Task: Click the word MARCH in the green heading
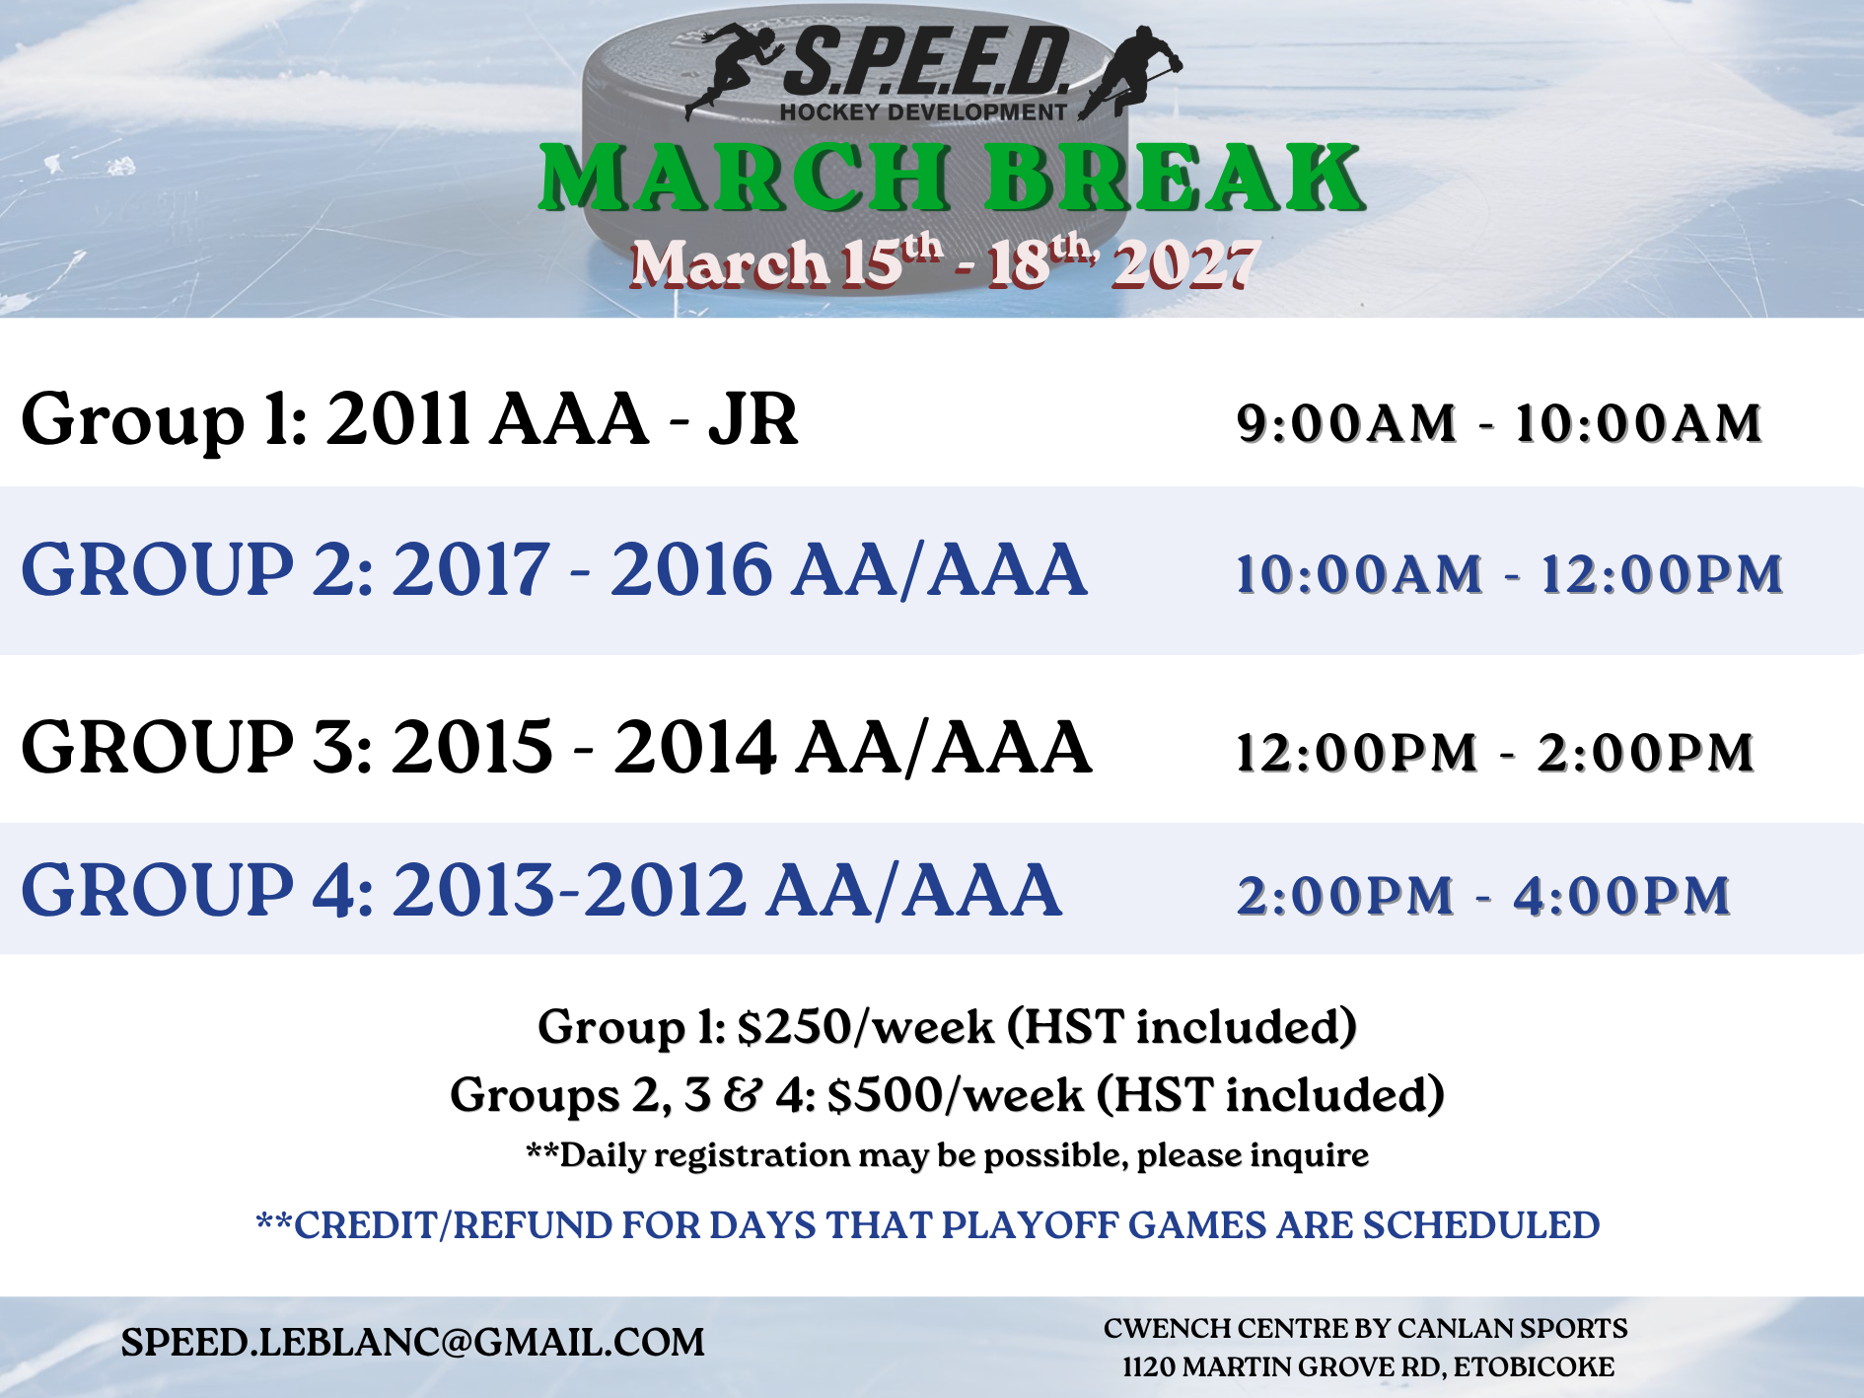click(x=746, y=178)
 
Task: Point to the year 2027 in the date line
click(x=1184, y=264)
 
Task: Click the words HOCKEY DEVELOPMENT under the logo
click(x=923, y=112)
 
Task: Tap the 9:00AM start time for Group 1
click(x=1347, y=423)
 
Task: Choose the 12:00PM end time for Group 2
click(x=1662, y=574)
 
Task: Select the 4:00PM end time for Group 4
click(x=1621, y=896)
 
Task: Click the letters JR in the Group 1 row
click(x=753, y=419)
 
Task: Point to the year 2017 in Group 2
click(x=470, y=569)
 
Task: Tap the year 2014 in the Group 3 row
click(x=695, y=747)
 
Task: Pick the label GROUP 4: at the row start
click(x=197, y=890)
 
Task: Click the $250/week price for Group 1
click(x=866, y=1027)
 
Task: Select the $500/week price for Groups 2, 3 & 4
click(x=956, y=1095)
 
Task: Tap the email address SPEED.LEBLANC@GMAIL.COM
click(x=413, y=1343)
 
